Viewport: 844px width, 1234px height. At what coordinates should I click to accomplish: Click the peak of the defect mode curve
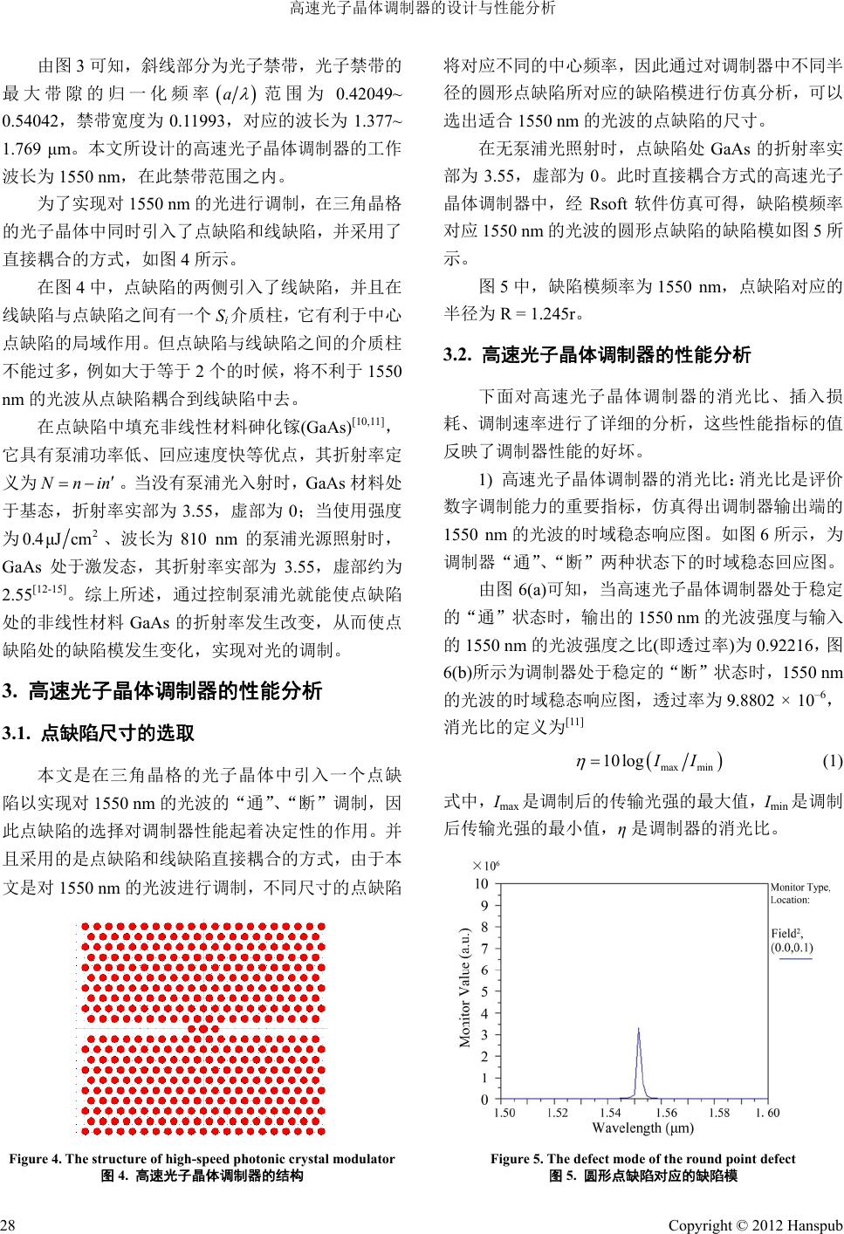pyautogui.click(x=639, y=1028)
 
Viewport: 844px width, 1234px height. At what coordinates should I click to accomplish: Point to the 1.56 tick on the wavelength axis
pyautogui.click(x=665, y=1113)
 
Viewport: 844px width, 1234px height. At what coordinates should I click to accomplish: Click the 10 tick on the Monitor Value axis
pyautogui.click(x=482, y=883)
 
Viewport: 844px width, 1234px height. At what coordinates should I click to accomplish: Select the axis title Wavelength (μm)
pyautogui.click(x=642, y=1128)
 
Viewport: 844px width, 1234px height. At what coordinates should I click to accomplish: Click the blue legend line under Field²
pyautogui.click(x=795, y=959)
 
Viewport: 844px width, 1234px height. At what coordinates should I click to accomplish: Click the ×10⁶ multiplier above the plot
pyautogui.click(x=484, y=866)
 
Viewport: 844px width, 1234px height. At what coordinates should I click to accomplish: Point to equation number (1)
pyautogui.click(x=832, y=760)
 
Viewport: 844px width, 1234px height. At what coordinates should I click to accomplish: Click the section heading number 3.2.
pyautogui.click(x=457, y=356)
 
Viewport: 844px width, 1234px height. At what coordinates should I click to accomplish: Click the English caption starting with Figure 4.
pyautogui.click(x=202, y=1159)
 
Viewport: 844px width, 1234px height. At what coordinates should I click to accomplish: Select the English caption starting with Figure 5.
pyautogui.click(x=642, y=1159)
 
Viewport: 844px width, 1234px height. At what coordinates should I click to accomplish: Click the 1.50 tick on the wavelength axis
pyautogui.click(x=504, y=1113)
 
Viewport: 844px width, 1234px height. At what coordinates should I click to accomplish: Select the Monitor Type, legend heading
pyautogui.click(x=799, y=888)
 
